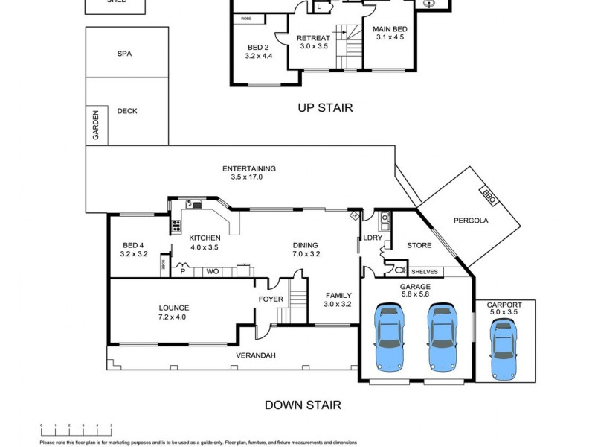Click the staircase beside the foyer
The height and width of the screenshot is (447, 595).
(x=297, y=301)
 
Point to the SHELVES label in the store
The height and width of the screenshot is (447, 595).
(x=425, y=272)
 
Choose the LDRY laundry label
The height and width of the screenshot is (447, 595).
(x=372, y=238)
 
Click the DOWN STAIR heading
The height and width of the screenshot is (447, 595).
(x=303, y=405)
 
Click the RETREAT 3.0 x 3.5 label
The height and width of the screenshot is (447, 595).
(x=313, y=42)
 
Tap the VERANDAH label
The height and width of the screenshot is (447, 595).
(x=256, y=355)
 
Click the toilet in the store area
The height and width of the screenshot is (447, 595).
(x=399, y=270)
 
